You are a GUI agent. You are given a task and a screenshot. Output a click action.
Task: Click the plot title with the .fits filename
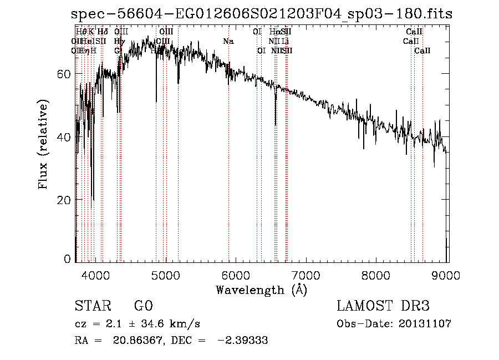pyautogui.click(x=261, y=14)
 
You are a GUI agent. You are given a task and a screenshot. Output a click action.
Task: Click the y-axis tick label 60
pyautogui.click(x=64, y=74)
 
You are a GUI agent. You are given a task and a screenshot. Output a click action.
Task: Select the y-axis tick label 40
pyautogui.click(x=64, y=137)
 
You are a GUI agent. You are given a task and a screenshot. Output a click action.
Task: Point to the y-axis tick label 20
pyautogui.click(x=64, y=200)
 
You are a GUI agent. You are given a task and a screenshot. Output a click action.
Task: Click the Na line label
pyautogui.click(x=228, y=41)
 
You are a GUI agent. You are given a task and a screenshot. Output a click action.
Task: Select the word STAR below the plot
pyautogui.click(x=91, y=306)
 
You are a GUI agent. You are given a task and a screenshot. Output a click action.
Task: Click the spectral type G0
pyautogui.click(x=143, y=306)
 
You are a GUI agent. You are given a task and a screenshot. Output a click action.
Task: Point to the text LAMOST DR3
pyautogui.click(x=383, y=306)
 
